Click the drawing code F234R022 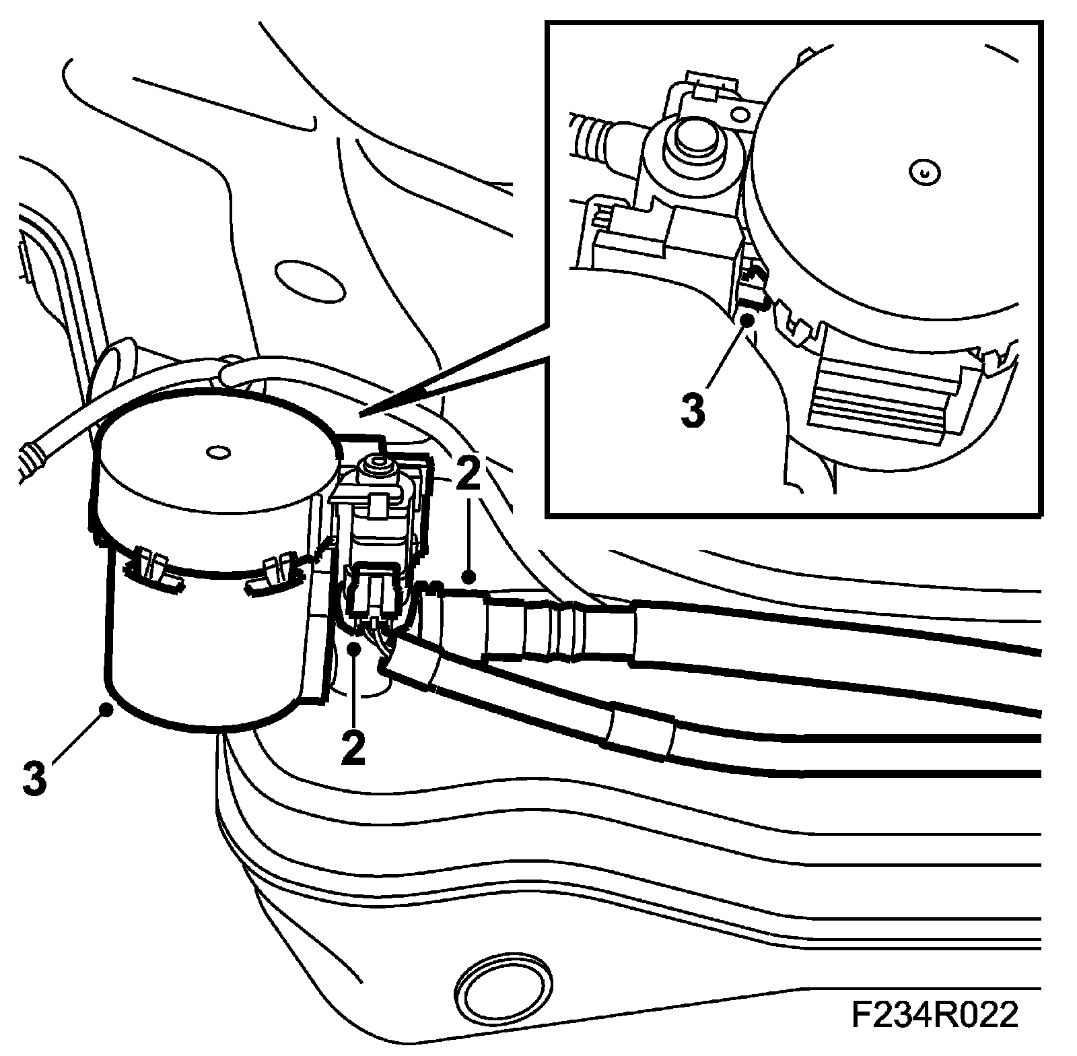tap(935, 1016)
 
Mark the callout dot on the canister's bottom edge tap(106, 707)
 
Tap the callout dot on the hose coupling tap(469, 576)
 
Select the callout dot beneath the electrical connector tap(355, 649)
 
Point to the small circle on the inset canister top tap(924, 172)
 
